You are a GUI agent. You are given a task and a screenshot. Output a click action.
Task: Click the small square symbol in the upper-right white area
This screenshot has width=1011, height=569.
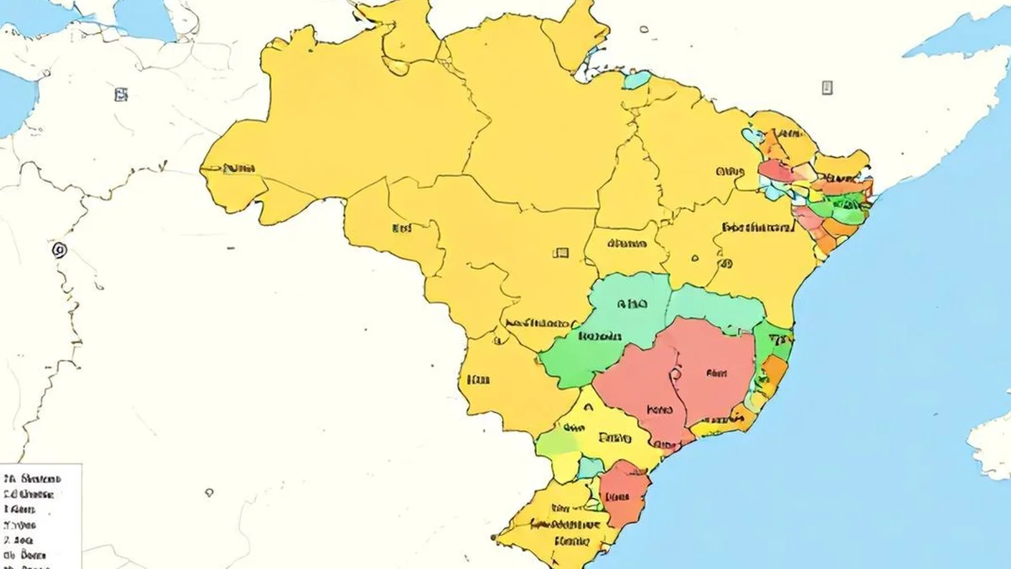[x=827, y=87]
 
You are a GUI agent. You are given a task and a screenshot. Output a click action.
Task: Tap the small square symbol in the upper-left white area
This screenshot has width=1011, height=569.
[x=121, y=94]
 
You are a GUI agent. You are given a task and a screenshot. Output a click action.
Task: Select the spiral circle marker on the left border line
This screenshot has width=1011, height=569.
[x=58, y=250]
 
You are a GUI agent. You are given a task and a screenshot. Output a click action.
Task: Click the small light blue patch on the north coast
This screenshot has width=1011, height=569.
[x=637, y=80]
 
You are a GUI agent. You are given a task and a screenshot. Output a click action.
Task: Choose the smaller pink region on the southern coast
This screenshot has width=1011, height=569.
[x=623, y=493]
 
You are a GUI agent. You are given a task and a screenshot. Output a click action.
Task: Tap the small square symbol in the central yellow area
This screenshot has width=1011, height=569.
[x=560, y=252]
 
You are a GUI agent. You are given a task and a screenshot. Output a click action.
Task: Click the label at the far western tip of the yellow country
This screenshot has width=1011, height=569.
[x=240, y=168]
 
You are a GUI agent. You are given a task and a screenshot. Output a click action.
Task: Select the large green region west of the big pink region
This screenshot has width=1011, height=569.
[x=590, y=337]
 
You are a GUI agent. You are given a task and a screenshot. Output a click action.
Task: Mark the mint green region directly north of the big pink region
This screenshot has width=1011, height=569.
[x=716, y=308]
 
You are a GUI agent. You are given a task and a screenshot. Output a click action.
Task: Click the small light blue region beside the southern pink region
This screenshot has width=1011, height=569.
[x=590, y=467]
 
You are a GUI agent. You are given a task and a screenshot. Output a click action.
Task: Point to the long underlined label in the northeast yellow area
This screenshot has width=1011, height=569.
[x=758, y=227]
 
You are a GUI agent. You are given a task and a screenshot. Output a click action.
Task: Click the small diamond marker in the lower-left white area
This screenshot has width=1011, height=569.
[x=208, y=492]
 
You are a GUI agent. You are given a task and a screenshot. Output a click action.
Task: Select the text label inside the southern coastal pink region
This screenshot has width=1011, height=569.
[x=616, y=496]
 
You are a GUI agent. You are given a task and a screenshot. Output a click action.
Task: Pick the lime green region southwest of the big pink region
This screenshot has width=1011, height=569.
[x=557, y=442]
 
